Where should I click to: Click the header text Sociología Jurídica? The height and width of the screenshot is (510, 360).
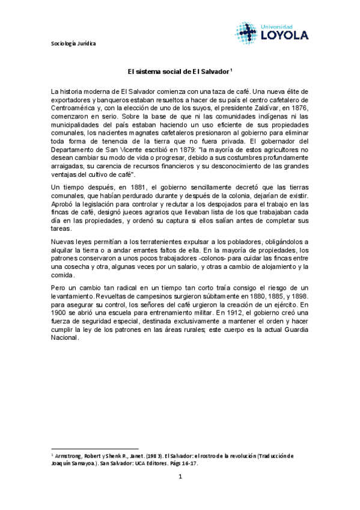(x=72, y=43)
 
